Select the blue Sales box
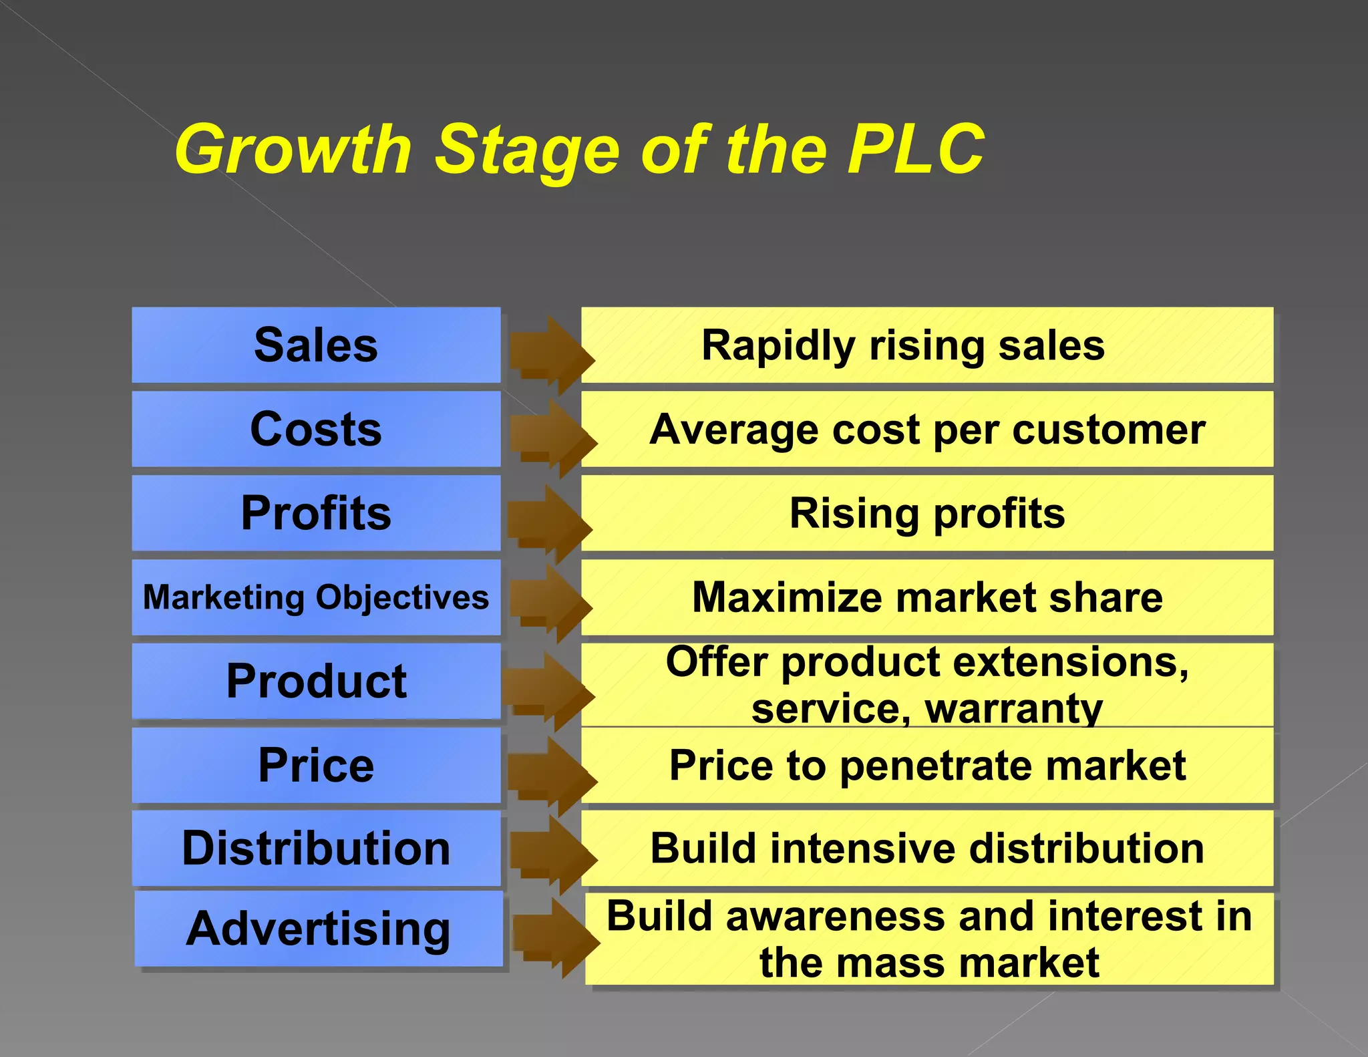(316, 345)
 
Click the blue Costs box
(316, 429)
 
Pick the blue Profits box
(316, 513)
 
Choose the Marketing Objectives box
(316, 597)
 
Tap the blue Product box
(316, 682)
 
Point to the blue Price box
(316, 765)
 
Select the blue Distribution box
(316, 849)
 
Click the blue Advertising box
(318, 929)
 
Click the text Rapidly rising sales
(903, 346)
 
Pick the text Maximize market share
(927, 597)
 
